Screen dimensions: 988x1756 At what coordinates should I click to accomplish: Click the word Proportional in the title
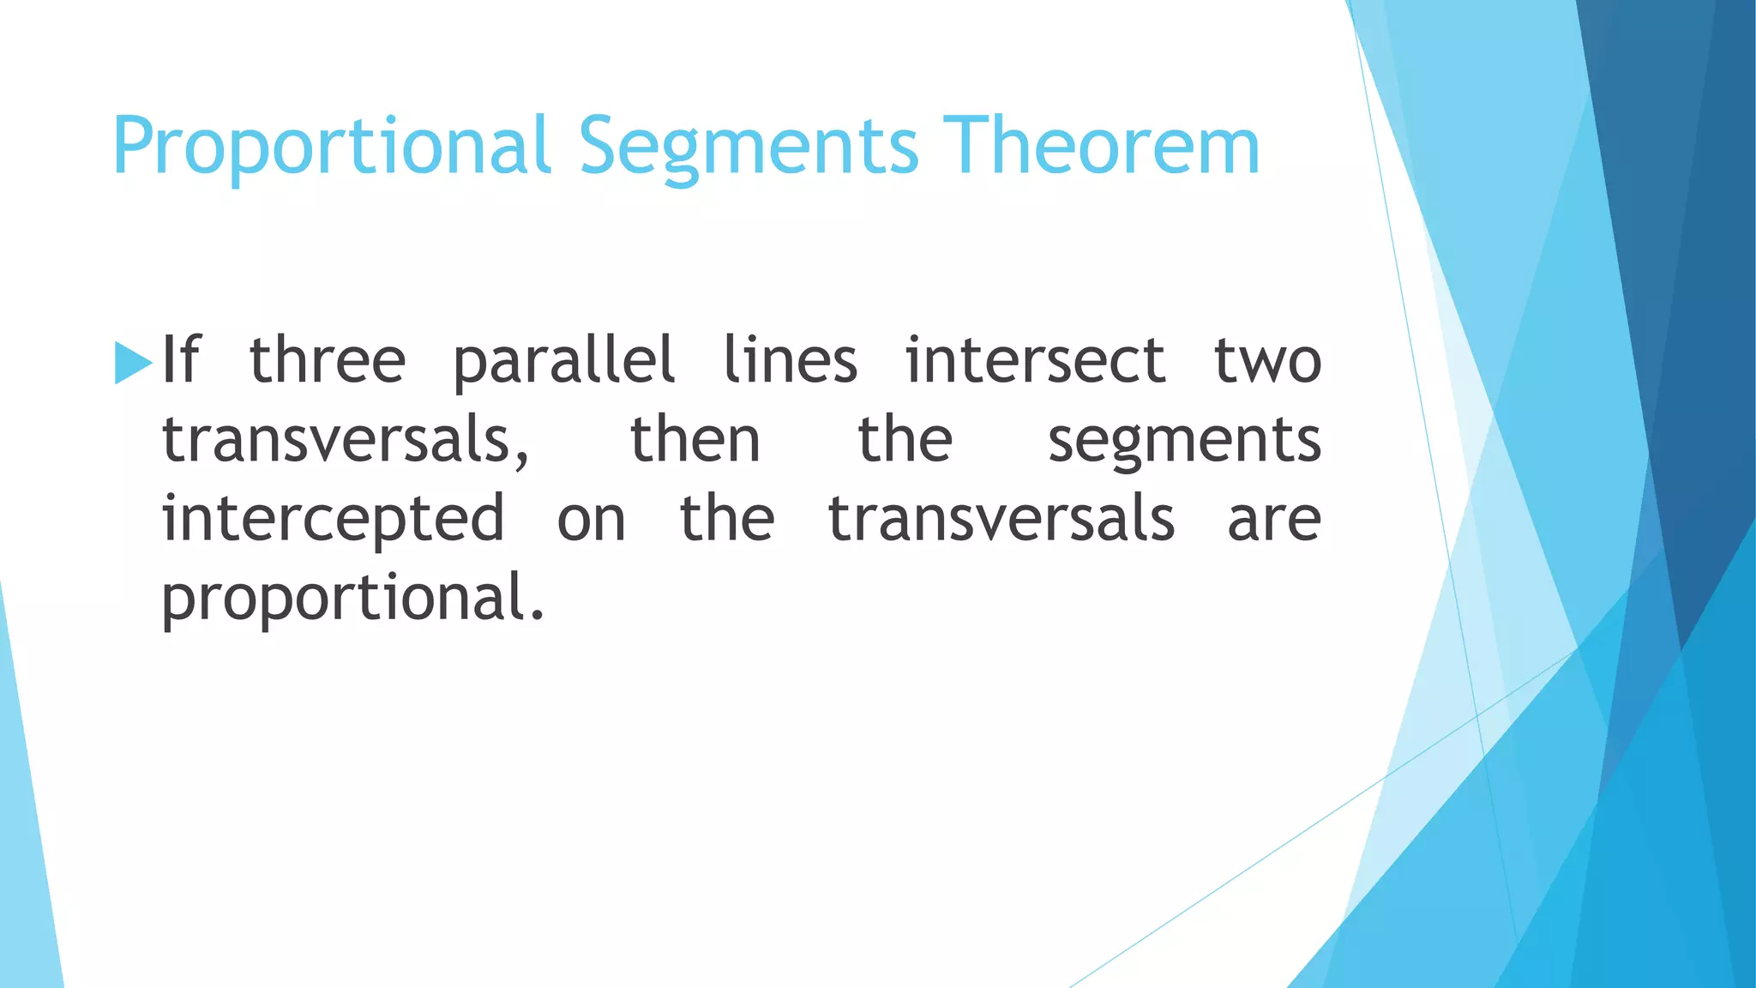click(x=331, y=148)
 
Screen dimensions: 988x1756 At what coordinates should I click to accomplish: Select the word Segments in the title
click(x=749, y=148)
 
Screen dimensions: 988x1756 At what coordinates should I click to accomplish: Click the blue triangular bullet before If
click(x=132, y=363)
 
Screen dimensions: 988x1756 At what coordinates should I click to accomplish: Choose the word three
click(x=328, y=360)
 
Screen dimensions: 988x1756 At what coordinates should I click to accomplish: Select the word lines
click(x=790, y=360)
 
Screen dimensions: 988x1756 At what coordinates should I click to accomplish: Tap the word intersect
click(x=1035, y=360)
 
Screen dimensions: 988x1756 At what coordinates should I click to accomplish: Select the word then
click(x=695, y=439)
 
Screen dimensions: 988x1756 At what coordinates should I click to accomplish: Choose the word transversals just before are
click(x=1001, y=520)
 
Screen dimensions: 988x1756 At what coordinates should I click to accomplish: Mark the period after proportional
click(x=537, y=615)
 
